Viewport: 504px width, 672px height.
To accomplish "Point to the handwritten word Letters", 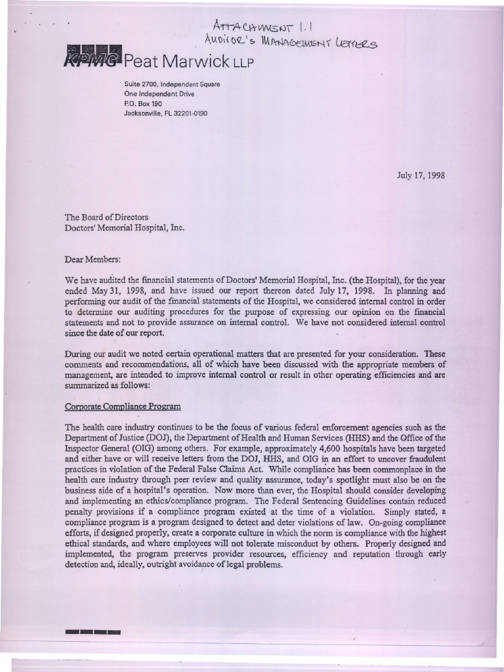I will coord(359,43).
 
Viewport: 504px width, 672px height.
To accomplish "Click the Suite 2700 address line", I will coord(172,84).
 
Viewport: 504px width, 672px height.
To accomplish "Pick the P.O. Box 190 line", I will coord(143,104).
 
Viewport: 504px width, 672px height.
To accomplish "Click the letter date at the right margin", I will coord(421,176).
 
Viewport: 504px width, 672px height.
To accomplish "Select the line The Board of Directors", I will coord(106,217).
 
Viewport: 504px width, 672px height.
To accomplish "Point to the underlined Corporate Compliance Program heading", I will coord(122,406).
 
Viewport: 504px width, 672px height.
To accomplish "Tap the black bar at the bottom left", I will coord(93,632).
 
